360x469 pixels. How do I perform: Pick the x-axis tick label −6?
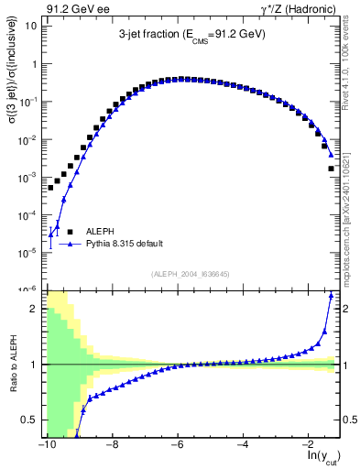[x=178, y=444]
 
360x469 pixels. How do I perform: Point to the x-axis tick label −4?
[x=243, y=444]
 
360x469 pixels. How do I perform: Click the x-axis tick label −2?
[x=309, y=444]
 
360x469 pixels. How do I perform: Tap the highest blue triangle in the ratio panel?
[x=331, y=295]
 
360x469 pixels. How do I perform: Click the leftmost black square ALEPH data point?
[x=51, y=187]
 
